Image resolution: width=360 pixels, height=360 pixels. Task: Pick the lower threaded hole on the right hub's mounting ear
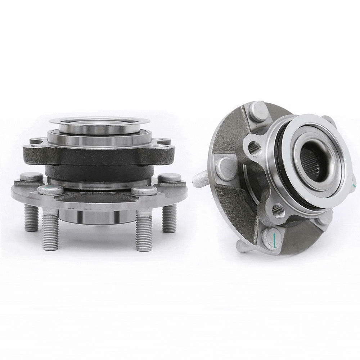[x=278, y=211]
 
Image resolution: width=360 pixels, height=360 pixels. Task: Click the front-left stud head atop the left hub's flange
[x=50, y=189]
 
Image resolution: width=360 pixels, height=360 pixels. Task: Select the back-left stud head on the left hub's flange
[x=31, y=176]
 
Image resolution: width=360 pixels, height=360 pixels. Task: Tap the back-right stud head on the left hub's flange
[x=169, y=177]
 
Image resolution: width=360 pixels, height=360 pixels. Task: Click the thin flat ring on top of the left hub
[x=99, y=121]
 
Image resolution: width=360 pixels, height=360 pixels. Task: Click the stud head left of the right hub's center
[x=226, y=168]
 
